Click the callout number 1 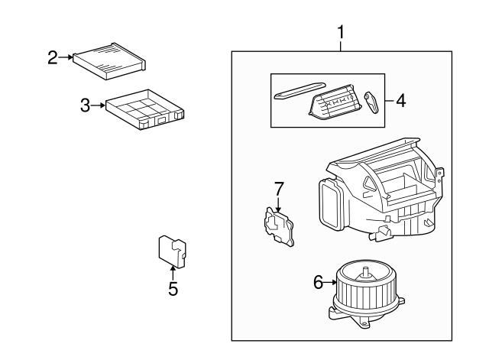pyautogui.click(x=340, y=33)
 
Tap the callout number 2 pyautogui.click(x=53, y=57)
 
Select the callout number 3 pyautogui.click(x=86, y=105)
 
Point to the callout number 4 pyautogui.click(x=400, y=101)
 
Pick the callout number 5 pyautogui.click(x=173, y=289)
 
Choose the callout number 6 pyautogui.click(x=319, y=283)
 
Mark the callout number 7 pyautogui.click(x=279, y=188)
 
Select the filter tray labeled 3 pyautogui.click(x=146, y=109)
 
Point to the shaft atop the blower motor pyautogui.click(x=366, y=268)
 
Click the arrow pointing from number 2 pyautogui.click(x=67, y=57)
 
